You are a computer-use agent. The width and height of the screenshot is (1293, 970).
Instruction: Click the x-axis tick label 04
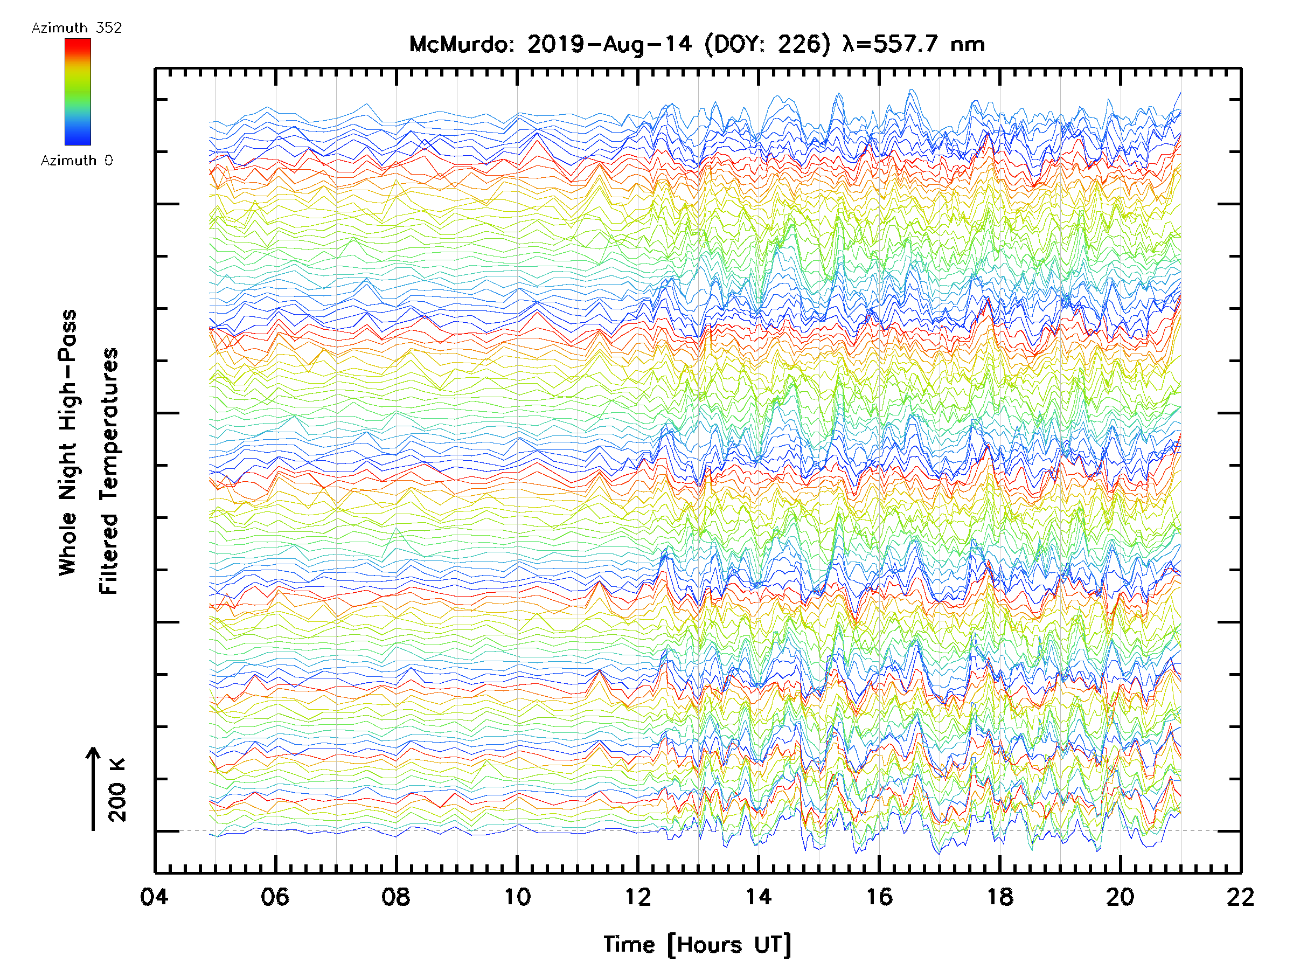coord(154,896)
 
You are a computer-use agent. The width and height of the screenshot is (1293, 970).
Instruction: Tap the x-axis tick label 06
coord(275,896)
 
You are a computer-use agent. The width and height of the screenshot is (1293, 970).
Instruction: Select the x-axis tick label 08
coord(396,896)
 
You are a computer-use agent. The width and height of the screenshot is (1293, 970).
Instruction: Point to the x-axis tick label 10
coord(517,896)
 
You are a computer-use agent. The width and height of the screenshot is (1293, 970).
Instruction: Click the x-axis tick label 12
coord(638,896)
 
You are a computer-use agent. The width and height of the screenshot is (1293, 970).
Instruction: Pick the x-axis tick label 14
coord(758,896)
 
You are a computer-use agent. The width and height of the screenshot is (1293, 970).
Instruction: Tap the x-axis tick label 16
coord(879,896)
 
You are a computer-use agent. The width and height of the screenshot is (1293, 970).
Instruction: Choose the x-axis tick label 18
coord(1000,896)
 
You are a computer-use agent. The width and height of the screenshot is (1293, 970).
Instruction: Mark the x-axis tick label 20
coord(1121,896)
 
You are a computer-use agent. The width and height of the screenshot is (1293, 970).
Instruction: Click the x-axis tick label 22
coord(1240,896)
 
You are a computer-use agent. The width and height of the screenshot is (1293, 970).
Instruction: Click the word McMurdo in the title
coord(461,44)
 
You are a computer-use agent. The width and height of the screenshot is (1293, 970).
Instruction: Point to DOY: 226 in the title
coord(768,44)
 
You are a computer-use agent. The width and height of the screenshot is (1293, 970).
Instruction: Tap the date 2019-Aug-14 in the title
coord(609,44)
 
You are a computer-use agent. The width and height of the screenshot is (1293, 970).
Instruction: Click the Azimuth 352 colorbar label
coord(77,28)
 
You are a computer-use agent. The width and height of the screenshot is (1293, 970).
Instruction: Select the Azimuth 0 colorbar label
coord(77,160)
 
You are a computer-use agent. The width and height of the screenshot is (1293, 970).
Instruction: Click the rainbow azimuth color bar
coord(78,92)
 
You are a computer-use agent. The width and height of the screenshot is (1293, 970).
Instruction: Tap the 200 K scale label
coord(117,791)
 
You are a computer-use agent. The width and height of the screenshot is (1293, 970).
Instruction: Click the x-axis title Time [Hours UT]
coord(697,945)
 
